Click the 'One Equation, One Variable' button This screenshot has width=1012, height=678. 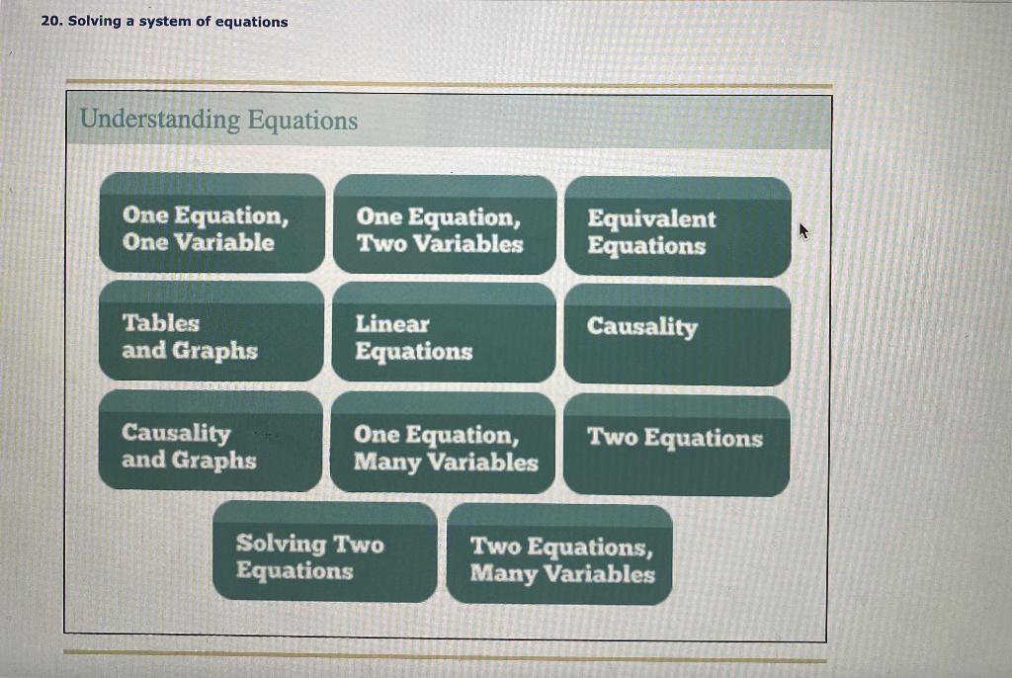(x=211, y=223)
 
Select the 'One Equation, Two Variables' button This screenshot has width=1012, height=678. (x=445, y=225)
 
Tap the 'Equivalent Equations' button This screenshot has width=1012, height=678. (x=677, y=227)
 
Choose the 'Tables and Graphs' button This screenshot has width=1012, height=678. (x=211, y=332)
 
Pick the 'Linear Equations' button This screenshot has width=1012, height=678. (x=445, y=334)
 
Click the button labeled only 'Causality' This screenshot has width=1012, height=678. (x=677, y=336)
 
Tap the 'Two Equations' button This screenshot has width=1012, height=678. (x=676, y=445)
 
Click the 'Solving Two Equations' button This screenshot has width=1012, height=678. (x=324, y=551)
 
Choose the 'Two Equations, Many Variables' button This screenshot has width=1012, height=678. (x=559, y=554)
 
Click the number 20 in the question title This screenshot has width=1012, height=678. (x=50, y=21)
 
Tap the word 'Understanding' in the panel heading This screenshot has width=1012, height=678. (x=160, y=121)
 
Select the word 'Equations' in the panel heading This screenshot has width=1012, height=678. (x=302, y=121)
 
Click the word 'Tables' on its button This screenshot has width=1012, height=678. (x=160, y=323)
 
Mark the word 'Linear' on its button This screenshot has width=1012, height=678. (x=392, y=324)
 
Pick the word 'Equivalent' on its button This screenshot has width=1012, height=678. (x=651, y=218)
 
